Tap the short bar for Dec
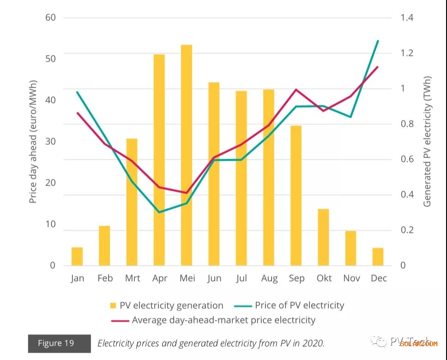pyautogui.click(x=378, y=257)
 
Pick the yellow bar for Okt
pyautogui.click(x=323, y=237)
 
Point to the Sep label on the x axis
pyautogui.click(x=296, y=278)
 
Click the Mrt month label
pyautogui.click(x=133, y=278)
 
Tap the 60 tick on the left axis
pyautogui.click(x=50, y=18)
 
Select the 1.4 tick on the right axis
pyautogui.click(x=407, y=18)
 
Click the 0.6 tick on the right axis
pyautogui.click(x=407, y=159)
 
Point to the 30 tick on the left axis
pyautogui.click(x=50, y=141)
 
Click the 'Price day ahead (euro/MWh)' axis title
pyautogui.click(x=33, y=141)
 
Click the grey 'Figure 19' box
pyautogui.click(x=59, y=343)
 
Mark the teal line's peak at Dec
pyautogui.click(x=378, y=41)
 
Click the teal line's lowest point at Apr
pyautogui.click(x=159, y=212)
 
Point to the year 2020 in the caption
pyautogui.click(x=314, y=343)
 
